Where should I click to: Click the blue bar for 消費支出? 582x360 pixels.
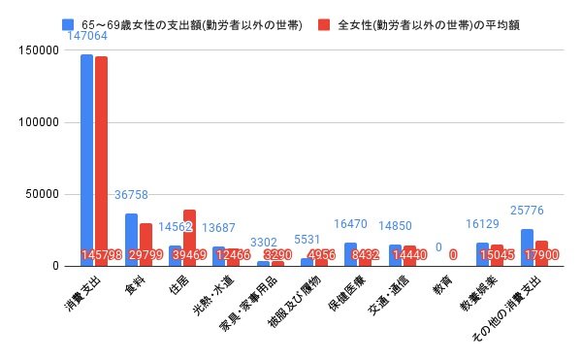(86, 160)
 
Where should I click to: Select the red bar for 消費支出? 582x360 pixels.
(101, 161)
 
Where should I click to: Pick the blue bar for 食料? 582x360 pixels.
(131, 240)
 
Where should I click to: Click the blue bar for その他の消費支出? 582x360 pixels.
(527, 247)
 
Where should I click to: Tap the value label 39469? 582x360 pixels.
(189, 255)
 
